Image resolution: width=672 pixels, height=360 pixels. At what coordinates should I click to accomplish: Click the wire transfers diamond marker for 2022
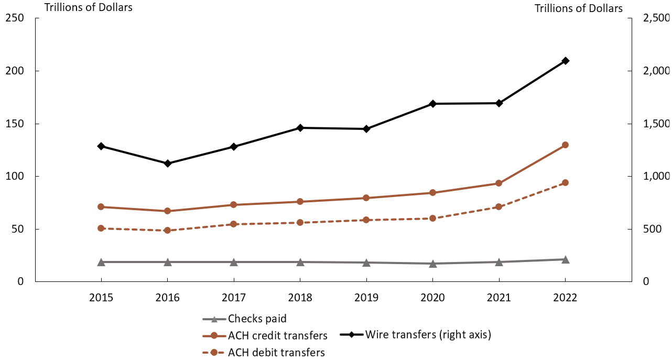point(565,61)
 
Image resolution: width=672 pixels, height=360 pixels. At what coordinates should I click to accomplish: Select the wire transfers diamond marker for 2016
point(168,163)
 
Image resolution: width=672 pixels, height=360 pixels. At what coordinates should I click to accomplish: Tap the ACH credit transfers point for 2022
point(565,145)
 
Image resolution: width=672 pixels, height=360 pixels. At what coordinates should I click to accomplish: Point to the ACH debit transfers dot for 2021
point(499,207)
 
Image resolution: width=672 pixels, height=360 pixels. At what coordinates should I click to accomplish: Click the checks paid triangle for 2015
point(101,262)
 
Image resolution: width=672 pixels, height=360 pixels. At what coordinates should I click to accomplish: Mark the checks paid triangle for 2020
point(432,264)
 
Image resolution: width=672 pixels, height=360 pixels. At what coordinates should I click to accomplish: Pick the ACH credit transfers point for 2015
point(101,207)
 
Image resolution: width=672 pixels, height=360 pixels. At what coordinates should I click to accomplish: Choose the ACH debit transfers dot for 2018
point(300,223)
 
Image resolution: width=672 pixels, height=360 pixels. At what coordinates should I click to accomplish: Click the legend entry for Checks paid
point(257,319)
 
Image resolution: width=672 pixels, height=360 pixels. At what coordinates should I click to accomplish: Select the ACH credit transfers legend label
point(277,335)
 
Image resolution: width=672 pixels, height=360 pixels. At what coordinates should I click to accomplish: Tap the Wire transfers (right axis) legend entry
point(428,335)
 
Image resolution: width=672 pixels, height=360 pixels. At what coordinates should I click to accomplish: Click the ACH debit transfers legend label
point(276,352)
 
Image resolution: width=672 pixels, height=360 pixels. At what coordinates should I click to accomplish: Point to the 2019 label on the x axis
point(366,298)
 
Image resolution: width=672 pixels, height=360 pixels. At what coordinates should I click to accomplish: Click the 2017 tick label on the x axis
point(234,298)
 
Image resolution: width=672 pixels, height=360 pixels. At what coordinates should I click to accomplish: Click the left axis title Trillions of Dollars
point(88,7)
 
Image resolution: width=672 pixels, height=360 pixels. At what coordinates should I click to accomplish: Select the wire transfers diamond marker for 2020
point(432,104)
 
